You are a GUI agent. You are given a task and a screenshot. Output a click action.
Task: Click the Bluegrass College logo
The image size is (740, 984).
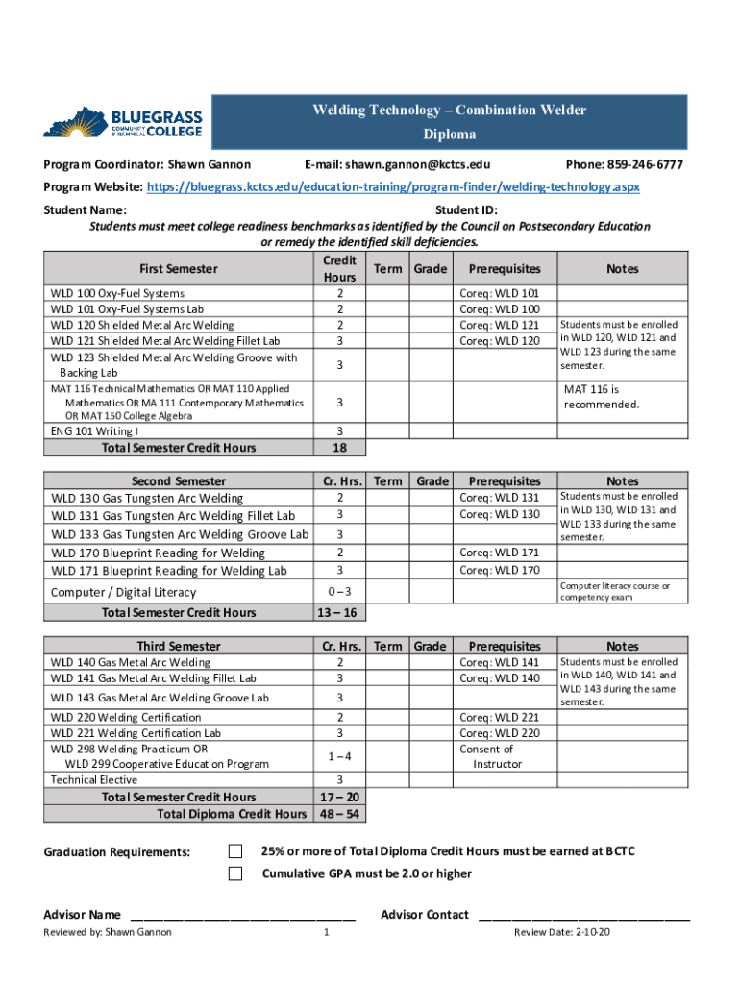point(123,123)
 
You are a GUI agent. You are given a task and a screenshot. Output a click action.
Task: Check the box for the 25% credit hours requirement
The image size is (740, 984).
point(235,851)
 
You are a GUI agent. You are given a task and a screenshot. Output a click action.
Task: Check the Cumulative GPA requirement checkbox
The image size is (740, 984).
point(235,873)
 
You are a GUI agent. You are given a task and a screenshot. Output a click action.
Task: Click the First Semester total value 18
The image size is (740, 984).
point(340,448)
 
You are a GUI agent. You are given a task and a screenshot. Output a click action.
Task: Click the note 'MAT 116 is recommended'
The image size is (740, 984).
point(601,397)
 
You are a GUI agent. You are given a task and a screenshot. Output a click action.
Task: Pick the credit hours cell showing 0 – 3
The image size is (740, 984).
point(340,592)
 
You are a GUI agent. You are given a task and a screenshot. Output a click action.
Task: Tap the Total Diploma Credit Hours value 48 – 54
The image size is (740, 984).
point(340,814)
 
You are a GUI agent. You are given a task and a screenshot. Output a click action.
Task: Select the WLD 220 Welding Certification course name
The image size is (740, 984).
point(126,717)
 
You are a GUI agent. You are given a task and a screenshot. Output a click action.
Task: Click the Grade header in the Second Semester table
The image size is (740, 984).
point(432,480)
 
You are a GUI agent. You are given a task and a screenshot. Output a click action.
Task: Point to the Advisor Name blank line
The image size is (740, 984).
point(242,915)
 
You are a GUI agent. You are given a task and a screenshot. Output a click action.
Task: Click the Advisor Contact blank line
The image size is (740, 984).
point(583,915)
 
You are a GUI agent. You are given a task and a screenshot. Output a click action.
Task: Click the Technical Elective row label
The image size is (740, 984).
point(94,779)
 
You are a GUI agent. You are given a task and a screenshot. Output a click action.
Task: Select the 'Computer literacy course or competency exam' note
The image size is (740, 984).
point(615,591)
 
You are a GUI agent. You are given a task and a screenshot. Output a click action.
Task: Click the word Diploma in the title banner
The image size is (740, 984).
point(449,135)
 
